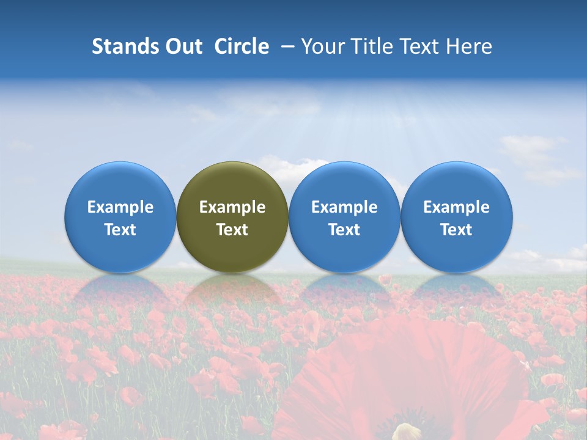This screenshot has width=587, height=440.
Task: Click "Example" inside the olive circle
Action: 232,207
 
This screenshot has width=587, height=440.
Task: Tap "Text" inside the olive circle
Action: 232,230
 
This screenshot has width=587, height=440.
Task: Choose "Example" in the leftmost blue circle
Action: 120,207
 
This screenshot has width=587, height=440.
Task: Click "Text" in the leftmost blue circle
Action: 120,230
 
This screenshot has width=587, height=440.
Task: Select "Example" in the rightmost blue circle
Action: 457,207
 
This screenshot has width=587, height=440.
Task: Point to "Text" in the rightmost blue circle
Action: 457,230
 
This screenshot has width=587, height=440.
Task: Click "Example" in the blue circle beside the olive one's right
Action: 344,207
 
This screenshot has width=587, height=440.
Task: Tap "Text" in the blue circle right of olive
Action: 344,230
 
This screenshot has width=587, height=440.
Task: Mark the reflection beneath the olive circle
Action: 232,290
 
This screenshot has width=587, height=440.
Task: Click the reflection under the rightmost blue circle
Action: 457,290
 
